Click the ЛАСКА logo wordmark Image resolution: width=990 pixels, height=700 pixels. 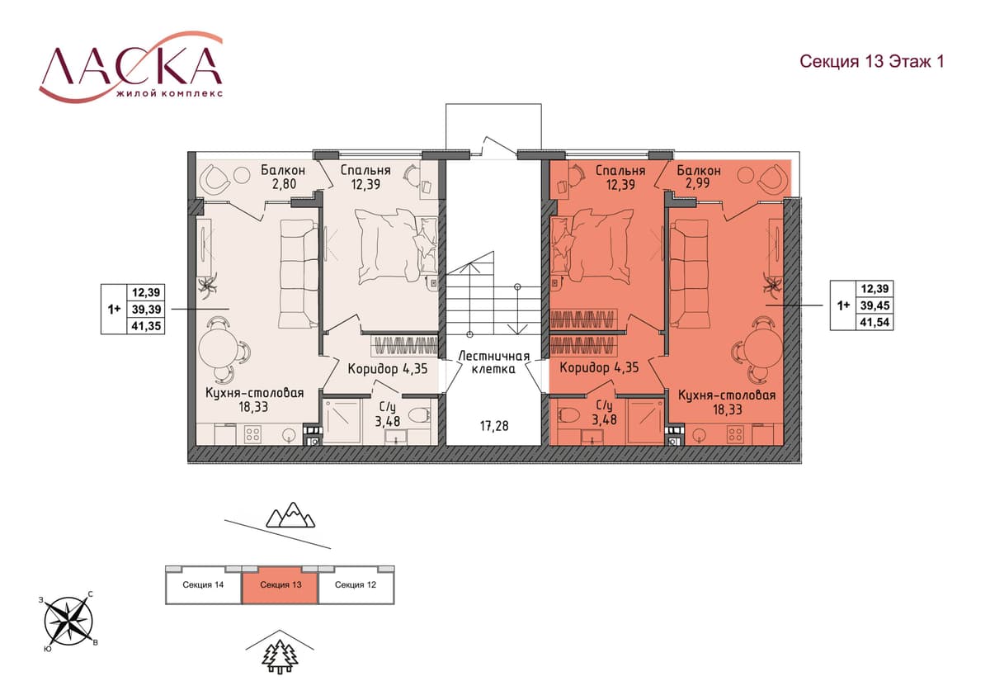(x=131, y=65)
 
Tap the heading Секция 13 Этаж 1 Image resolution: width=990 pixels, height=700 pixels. (x=871, y=61)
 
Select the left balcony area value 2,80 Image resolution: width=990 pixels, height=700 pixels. (x=284, y=184)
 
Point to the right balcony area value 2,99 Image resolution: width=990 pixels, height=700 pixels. (x=698, y=183)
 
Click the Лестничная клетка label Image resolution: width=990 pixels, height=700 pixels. (x=493, y=362)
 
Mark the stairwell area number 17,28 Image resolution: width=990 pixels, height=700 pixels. (x=494, y=426)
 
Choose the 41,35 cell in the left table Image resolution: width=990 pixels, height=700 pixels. (x=146, y=326)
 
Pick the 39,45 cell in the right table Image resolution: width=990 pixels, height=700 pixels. (x=874, y=305)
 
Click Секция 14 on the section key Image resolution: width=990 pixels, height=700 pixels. (x=203, y=584)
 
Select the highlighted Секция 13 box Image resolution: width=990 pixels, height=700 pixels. (x=280, y=584)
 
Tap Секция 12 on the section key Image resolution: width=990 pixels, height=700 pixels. (x=356, y=584)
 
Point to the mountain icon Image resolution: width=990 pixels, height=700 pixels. (x=290, y=515)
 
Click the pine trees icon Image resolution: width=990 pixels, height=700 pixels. (x=280, y=657)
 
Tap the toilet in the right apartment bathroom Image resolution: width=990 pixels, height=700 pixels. (x=568, y=414)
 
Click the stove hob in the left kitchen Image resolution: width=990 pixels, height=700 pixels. (x=252, y=434)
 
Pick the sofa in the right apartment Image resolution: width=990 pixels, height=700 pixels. (x=685, y=275)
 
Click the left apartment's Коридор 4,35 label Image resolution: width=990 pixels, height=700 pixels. (x=388, y=368)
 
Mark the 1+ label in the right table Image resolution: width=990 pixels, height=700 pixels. (x=844, y=305)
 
